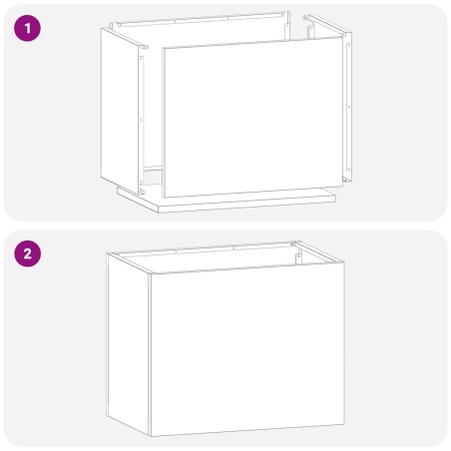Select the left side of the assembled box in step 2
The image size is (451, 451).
tap(128, 339)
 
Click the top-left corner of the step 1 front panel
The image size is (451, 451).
tap(161, 50)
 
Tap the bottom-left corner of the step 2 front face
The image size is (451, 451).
tap(151, 436)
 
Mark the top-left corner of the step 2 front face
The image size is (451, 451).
tap(150, 275)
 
